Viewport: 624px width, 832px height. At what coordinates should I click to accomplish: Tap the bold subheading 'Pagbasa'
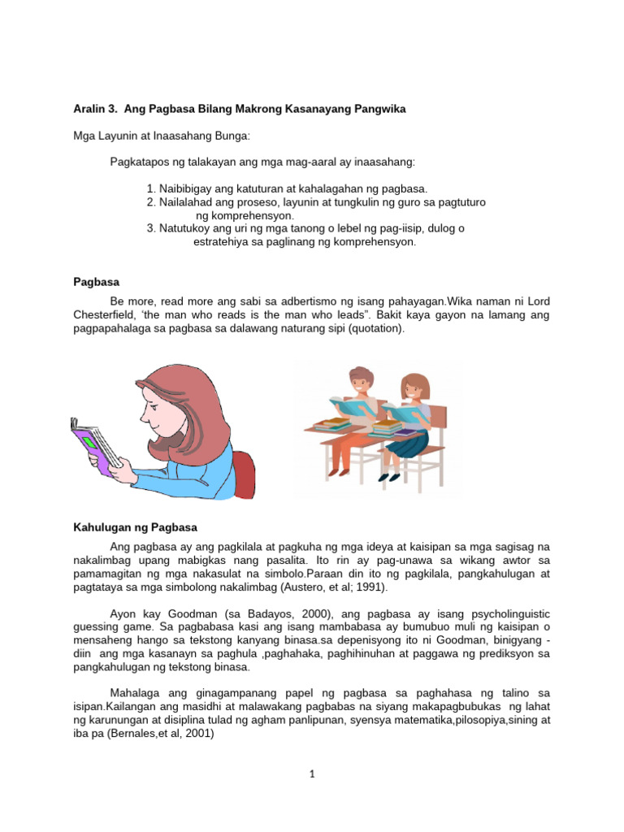click(x=96, y=282)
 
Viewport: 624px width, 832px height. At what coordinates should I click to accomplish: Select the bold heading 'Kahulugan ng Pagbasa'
click(x=135, y=527)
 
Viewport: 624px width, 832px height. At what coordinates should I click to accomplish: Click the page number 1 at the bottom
click(x=311, y=774)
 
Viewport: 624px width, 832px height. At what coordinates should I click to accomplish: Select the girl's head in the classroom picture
click(x=414, y=387)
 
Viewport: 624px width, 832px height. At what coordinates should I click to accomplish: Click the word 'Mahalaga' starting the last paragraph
click(x=137, y=693)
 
